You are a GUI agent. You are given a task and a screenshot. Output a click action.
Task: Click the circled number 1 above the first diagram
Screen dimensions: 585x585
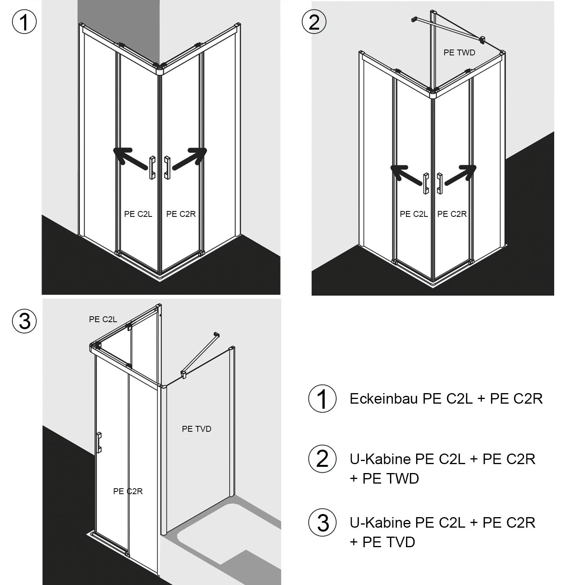tap(24, 22)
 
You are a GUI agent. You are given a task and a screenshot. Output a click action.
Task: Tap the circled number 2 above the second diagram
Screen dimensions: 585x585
tap(314, 22)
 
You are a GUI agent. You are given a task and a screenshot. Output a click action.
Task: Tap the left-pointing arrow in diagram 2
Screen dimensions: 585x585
tap(407, 175)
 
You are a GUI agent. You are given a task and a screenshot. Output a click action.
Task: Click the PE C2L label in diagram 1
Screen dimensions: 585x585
tap(138, 214)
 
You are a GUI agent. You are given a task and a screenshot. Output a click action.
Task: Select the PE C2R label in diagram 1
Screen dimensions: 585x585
tap(181, 214)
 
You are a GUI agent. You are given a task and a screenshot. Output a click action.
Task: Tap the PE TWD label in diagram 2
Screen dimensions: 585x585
tap(459, 53)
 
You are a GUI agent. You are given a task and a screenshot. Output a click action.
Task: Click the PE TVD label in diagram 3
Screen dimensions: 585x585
tap(197, 429)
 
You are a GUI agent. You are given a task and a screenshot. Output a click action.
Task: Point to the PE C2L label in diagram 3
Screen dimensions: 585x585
tap(103, 319)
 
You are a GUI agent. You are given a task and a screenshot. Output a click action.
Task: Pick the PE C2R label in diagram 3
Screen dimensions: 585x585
tap(128, 491)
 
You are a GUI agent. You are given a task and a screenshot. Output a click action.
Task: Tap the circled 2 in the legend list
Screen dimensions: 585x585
tap(322, 459)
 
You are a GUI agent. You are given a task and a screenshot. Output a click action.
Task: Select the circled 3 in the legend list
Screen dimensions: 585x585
tap(322, 523)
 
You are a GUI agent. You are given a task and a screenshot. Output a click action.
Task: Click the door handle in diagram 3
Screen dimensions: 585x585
tap(99, 443)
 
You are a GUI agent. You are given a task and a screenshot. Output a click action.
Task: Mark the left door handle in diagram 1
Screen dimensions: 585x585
tap(152, 168)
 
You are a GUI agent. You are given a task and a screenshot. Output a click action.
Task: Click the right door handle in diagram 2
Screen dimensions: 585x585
tap(440, 183)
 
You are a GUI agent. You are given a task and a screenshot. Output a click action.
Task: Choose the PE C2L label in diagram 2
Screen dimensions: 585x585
tap(414, 214)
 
